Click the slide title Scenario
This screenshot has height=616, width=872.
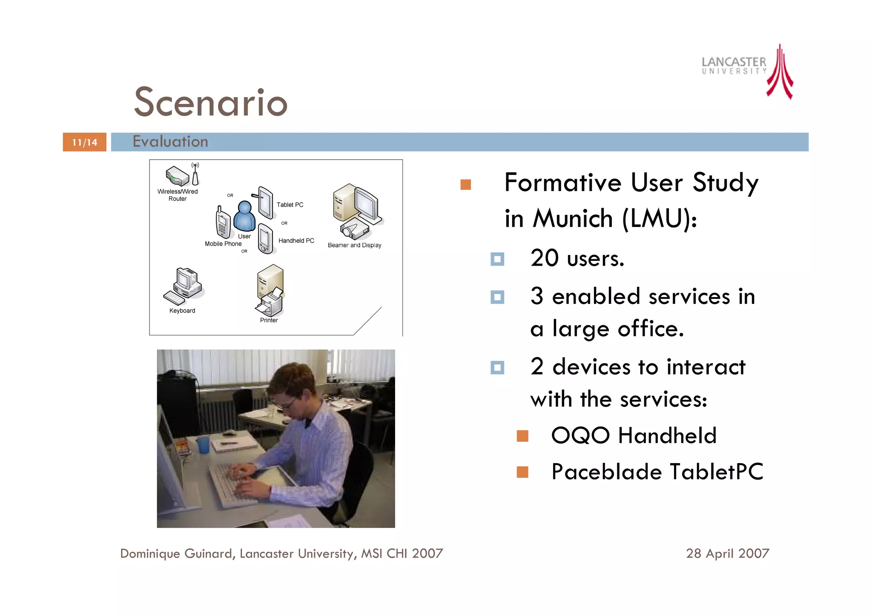pyautogui.click(x=211, y=102)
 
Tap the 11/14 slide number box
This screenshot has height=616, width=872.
pyautogui.click(x=84, y=142)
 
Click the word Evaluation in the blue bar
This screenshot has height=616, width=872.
pyautogui.click(x=170, y=142)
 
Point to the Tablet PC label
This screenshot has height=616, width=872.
pyautogui.click(x=290, y=205)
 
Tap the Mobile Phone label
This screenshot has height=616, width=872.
pyautogui.click(x=223, y=244)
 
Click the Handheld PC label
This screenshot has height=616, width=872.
pyautogui.click(x=296, y=241)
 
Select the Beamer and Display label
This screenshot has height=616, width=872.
pyautogui.click(x=354, y=245)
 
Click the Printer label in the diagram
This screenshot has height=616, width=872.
pyautogui.click(x=269, y=320)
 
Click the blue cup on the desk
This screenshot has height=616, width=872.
pyautogui.click(x=204, y=444)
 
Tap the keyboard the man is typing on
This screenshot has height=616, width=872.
pyautogui.click(x=232, y=485)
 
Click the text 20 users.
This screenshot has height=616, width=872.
pyautogui.click(x=577, y=258)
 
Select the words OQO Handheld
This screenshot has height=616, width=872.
pyautogui.click(x=634, y=435)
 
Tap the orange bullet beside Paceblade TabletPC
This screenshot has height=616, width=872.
pyautogui.click(x=522, y=472)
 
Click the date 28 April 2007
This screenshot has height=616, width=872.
pyautogui.click(x=727, y=553)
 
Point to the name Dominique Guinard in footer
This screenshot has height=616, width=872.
pyautogui.click(x=176, y=553)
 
